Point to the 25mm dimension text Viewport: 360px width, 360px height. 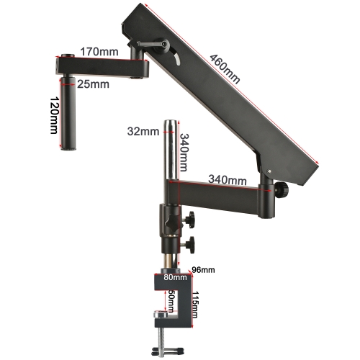[x=94, y=84]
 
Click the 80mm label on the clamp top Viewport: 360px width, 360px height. [x=174, y=276]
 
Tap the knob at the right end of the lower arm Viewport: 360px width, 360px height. [x=281, y=189]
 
